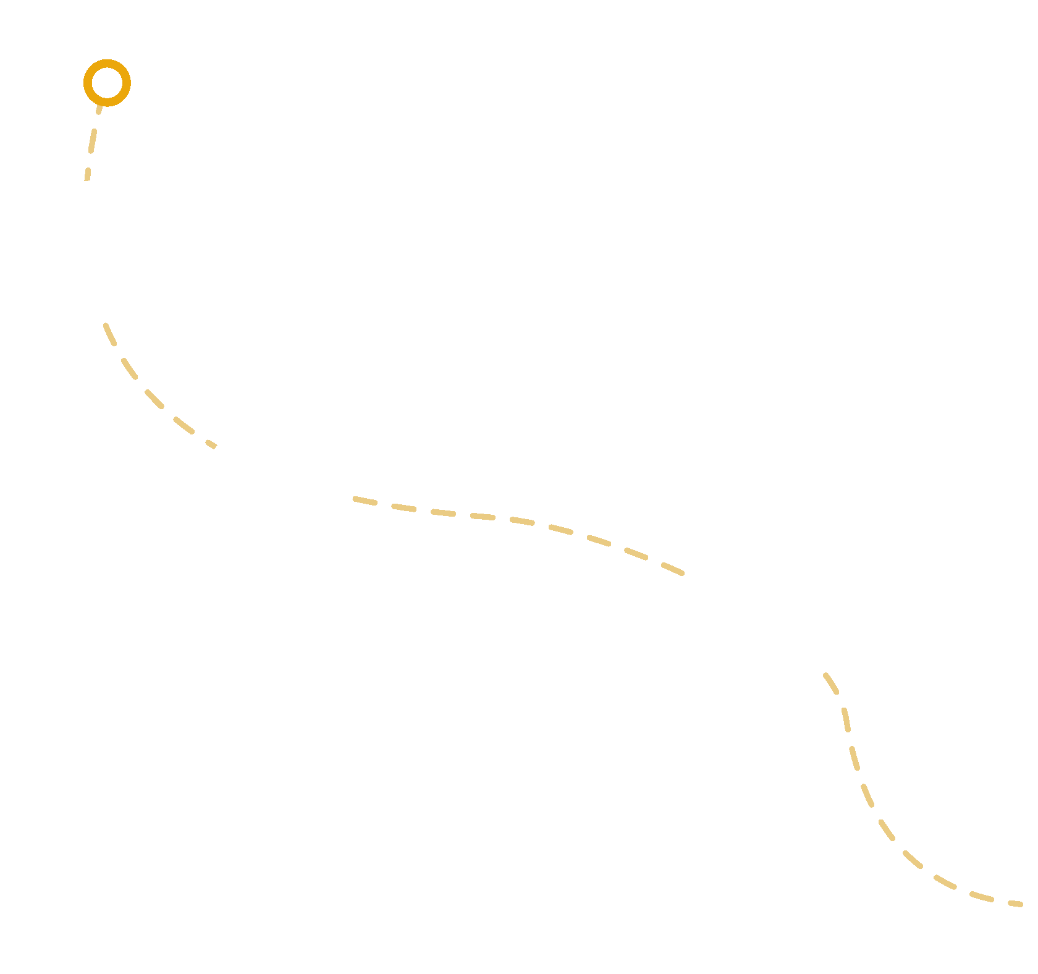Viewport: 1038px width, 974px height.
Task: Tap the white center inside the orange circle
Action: (x=107, y=83)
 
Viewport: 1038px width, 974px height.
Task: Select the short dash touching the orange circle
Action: (x=99, y=109)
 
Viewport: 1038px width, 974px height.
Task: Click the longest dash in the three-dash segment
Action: (x=92, y=140)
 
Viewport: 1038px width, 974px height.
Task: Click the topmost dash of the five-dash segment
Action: (x=110, y=334)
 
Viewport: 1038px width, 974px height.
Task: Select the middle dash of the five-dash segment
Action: (x=154, y=399)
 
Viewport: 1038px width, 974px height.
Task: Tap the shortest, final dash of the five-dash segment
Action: (x=211, y=444)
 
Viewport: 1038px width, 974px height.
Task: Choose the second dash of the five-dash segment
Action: (x=129, y=368)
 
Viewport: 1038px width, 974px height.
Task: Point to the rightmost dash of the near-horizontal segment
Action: (x=672, y=569)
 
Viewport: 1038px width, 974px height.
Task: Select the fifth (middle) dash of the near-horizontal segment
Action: (x=522, y=521)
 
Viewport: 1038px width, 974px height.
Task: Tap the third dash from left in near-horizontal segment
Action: (x=443, y=513)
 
